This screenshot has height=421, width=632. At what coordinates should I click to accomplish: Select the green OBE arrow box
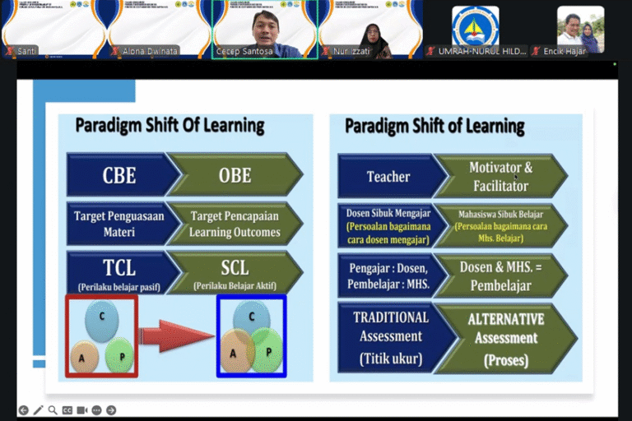coord(235,174)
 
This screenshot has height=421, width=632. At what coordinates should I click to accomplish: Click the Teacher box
coord(388,176)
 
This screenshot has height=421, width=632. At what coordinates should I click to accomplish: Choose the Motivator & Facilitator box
coord(500,176)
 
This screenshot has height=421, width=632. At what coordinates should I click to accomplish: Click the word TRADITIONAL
coord(391,317)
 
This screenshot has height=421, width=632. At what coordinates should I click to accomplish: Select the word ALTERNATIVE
coord(506,318)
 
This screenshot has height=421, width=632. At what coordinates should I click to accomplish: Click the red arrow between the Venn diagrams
coord(177,335)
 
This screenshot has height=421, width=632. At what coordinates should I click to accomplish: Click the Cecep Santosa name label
coord(245,51)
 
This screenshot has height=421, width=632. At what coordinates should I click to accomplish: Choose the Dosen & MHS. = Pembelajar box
coord(500,278)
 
